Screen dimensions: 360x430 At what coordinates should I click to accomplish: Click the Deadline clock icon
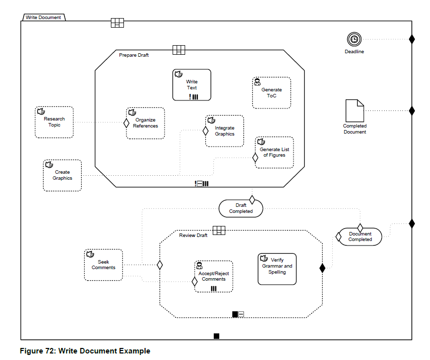tap(354, 39)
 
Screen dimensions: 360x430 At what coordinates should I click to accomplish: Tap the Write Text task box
tap(192, 85)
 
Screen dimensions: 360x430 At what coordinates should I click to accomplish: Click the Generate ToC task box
tap(271, 93)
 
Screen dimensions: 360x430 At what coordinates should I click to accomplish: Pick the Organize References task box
tap(146, 123)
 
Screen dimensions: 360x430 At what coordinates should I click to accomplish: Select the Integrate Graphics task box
tap(224, 131)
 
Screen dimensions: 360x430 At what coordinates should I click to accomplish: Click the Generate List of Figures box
tap(274, 153)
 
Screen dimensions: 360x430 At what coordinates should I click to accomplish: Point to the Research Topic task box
tap(54, 122)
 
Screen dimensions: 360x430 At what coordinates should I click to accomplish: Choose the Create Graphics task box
tap(62, 175)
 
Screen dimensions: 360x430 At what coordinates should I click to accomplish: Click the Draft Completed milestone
tap(241, 208)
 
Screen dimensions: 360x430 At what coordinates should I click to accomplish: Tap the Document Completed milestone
tap(360, 236)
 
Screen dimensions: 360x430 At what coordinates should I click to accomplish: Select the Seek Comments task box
tap(103, 265)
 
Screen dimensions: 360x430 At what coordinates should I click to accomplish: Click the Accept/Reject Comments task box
tap(214, 276)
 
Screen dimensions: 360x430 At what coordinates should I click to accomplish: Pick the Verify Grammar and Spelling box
tap(277, 269)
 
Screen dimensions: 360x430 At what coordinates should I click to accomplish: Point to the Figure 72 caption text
tap(85, 351)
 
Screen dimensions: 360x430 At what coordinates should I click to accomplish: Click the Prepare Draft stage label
tap(133, 55)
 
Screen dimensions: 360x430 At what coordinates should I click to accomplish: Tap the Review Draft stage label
tap(193, 235)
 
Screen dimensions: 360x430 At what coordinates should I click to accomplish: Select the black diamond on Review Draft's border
tap(322, 268)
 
